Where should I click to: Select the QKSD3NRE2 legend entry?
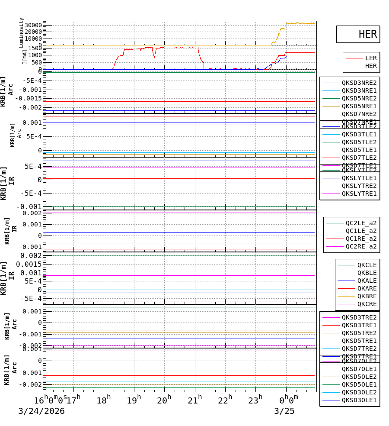359,83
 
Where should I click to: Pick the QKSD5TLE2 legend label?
359,142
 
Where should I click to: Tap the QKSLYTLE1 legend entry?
359,178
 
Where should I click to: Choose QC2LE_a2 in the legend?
360,223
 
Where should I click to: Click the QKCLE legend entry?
367,265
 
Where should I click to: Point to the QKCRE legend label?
367,304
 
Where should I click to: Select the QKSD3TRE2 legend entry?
359,317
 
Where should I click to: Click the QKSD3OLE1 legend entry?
359,400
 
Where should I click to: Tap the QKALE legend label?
367,281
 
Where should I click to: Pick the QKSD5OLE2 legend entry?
359,377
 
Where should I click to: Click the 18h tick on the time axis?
104,400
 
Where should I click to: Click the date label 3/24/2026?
41,411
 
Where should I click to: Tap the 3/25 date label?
284,411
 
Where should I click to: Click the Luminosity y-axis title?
21,32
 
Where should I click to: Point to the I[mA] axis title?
25,57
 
